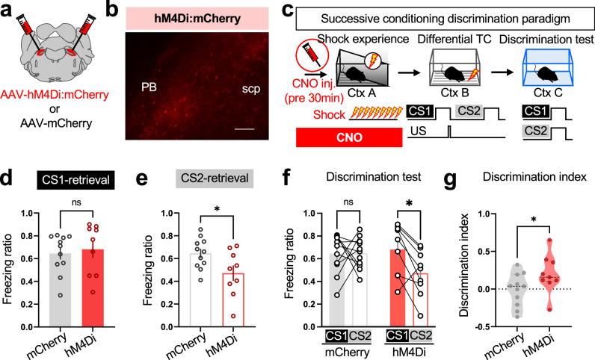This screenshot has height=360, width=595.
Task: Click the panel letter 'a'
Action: point(9,11)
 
